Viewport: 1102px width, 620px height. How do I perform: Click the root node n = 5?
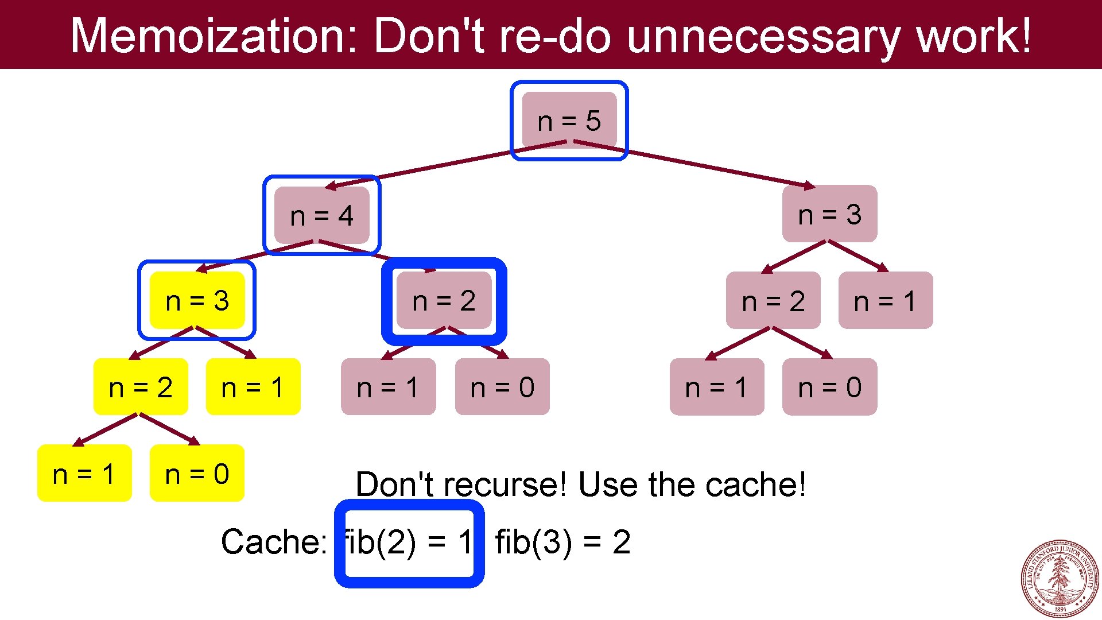tap(569, 121)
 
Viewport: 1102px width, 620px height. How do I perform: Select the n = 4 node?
tap(321, 215)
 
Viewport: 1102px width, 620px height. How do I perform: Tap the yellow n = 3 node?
tap(197, 300)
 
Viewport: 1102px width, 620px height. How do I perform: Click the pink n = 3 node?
tap(829, 214)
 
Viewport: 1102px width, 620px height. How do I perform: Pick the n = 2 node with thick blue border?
tap(444, 300)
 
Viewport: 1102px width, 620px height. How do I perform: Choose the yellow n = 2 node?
tap(141, 387)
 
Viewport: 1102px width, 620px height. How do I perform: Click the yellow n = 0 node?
tap(197, 474)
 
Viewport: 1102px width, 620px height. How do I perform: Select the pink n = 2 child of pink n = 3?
tap(773, 300)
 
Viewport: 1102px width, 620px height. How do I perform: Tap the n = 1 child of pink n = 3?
tap(885, 300)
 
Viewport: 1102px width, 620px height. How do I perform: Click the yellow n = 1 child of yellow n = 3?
tap(253, 387)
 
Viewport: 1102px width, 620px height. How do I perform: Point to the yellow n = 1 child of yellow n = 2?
tap(84, 474)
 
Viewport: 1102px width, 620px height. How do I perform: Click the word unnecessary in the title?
tap(763, 36)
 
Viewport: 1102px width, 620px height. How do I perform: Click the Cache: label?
tap(274, 541)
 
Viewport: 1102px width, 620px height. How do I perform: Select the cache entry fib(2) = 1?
tap(409, 542)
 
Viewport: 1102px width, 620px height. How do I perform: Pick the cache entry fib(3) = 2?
tap(562, 541)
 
